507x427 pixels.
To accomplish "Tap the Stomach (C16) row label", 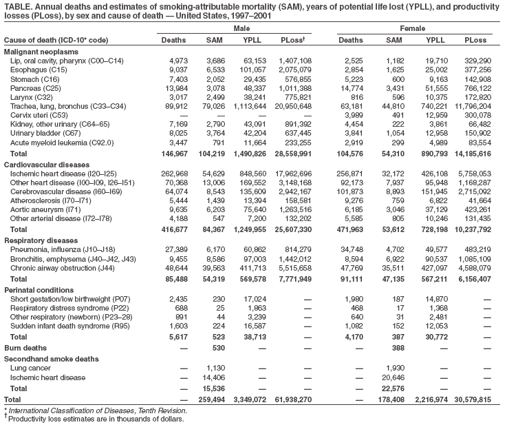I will (34, 79).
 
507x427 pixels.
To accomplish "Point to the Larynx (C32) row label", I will (32, 97).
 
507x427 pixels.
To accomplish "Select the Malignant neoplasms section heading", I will (41, 52).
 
